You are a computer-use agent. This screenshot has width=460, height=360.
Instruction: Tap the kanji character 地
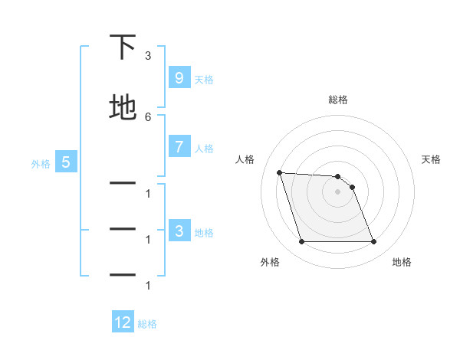click(123, 107)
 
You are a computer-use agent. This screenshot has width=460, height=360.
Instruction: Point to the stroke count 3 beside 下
click(148, 56)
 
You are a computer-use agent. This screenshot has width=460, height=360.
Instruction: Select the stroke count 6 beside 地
click(148, 116)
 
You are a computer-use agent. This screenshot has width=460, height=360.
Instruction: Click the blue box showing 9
click(179, 78)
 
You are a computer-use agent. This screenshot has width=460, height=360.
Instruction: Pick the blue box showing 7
click(179, 147)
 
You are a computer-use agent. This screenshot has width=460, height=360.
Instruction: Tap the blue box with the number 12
click(123, 322)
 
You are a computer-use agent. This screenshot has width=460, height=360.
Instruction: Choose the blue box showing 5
click(66, 162)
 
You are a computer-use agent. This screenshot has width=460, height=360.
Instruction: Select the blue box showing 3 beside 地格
click(179, 231)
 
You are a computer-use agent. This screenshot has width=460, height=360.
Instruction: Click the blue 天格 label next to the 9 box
click(204, 79)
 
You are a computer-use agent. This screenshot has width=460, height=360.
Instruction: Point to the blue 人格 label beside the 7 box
click(204, 148)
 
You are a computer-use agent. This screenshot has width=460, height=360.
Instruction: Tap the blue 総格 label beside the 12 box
click(147, 323)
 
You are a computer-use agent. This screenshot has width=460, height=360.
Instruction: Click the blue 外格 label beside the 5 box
click(41, 163)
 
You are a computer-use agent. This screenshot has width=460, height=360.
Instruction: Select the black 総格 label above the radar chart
click(338, 100)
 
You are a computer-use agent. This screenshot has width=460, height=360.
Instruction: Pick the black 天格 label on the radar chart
click(431, 159)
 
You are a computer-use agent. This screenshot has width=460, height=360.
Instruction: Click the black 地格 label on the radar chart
click(402, 262)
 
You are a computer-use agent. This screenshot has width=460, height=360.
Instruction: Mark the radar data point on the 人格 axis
click(280, 172)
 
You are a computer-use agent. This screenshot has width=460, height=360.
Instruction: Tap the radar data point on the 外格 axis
click(301, 242)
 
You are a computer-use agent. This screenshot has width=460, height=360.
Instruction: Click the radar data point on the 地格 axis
click(373, 242)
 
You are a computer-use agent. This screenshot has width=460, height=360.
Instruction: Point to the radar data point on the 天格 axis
click(352, 187)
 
